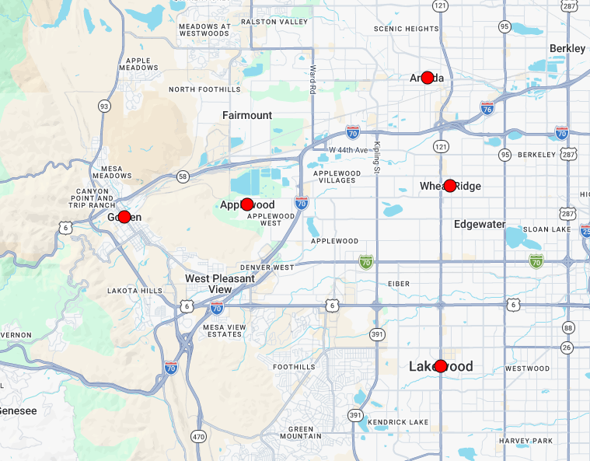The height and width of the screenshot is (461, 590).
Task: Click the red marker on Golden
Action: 124,217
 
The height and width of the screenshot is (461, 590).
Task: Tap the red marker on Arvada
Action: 427,78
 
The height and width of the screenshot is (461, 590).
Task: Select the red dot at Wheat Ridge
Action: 450,186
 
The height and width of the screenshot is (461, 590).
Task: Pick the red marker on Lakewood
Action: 441,366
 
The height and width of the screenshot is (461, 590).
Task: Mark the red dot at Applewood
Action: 247,204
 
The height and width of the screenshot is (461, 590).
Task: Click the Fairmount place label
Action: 247,115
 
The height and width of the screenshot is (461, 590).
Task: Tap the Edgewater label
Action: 480,225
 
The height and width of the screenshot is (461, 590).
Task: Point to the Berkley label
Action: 567,48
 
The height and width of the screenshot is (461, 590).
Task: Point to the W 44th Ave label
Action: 349,149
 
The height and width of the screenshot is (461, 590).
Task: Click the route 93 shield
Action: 103,105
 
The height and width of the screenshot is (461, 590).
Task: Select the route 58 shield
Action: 182,176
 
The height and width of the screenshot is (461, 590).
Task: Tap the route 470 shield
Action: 198,437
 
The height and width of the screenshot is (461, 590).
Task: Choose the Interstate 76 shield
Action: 487,108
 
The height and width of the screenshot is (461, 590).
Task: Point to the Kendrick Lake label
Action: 398,422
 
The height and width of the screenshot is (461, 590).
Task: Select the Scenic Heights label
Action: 406,29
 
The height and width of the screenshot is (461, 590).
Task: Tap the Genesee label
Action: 18,410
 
